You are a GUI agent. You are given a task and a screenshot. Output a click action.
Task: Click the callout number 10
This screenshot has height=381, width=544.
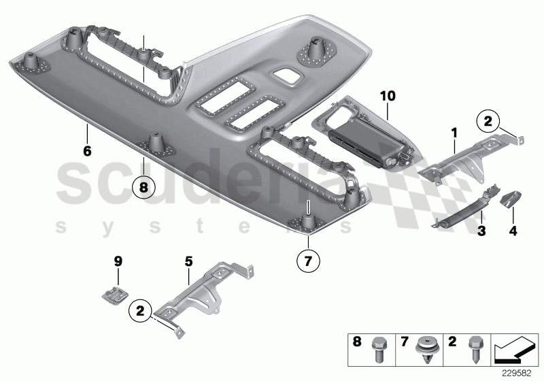pos(387,97)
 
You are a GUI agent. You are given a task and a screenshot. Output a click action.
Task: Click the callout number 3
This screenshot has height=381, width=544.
pos(481,232)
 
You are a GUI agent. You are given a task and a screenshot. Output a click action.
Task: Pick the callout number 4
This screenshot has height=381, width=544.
pos(513,232)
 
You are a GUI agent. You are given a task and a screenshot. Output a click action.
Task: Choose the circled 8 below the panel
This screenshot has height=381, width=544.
pos(143,185)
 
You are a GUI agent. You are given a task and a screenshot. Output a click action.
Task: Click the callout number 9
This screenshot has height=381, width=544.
pos(117,260)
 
